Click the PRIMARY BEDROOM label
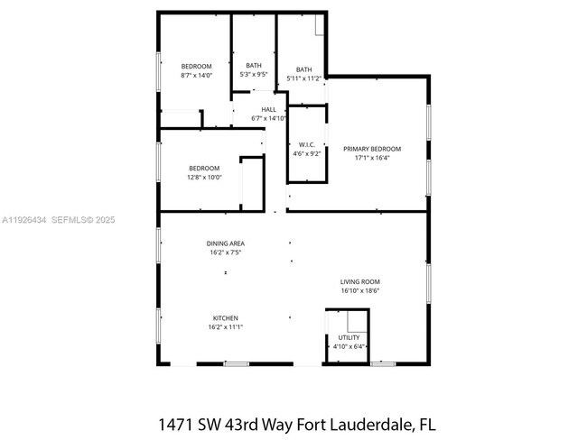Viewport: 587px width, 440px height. pyautogui.click(x=371, y=149)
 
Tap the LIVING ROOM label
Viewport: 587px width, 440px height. pyautogui.click(x=359, y=281)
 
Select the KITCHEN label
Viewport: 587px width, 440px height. pyautogui.click(x=225, y=318)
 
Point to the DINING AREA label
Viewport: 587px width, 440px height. pyautogui.click(x=225, y=243)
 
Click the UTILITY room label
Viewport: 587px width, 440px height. pyautogui.click(x=349, y=337)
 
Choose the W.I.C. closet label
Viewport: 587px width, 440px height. pyautogui.click(x=306, y=144)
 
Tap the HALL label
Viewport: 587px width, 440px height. pyautogui.click(x=268, y=109)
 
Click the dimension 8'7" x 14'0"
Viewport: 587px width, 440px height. pyautogui.click(x=196, y=76)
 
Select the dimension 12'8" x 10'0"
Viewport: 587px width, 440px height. pyautogui.click(x=204, y=178)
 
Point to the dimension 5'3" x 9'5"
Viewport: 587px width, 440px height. pyautogui.click(x=254, y=75)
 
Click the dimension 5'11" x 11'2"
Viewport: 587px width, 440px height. pyautogui.click(x=304, y=79)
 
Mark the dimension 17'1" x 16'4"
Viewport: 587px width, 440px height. pyautogui.click(x=371, y=158)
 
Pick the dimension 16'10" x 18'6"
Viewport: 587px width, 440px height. pyautogui.click(x=359, y=290)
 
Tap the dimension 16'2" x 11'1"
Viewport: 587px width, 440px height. pyautogui.click(x=225, y=327)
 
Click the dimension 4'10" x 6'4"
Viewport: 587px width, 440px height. pyautogui.click(x=349, y=346)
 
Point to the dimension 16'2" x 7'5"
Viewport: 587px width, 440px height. pyautogui.click(x=225, y=252)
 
